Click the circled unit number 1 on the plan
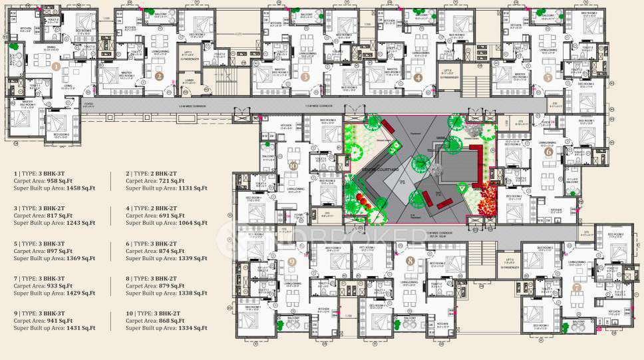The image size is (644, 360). pos(56,67)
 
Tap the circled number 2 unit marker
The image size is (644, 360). pos(159,76)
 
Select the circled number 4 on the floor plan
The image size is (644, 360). pos(418,77)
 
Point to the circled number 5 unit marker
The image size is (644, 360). pos(548,77)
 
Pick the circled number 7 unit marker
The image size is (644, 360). pos(577,287)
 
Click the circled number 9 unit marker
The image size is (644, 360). pos(291,262)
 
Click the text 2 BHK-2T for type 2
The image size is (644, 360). pos(172,172)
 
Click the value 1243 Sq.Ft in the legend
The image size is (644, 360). pos(77,224)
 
